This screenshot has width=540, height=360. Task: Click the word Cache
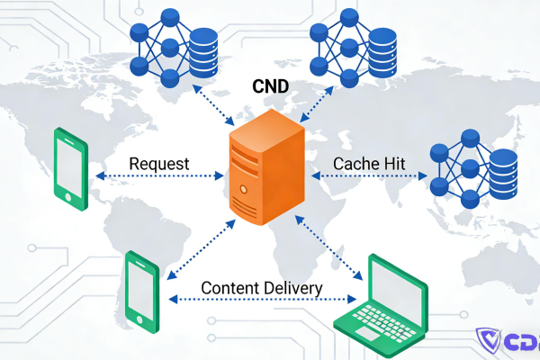coord(355,164)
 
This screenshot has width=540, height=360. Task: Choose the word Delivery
coord(292,288)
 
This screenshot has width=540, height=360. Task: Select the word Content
coord(227,288)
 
